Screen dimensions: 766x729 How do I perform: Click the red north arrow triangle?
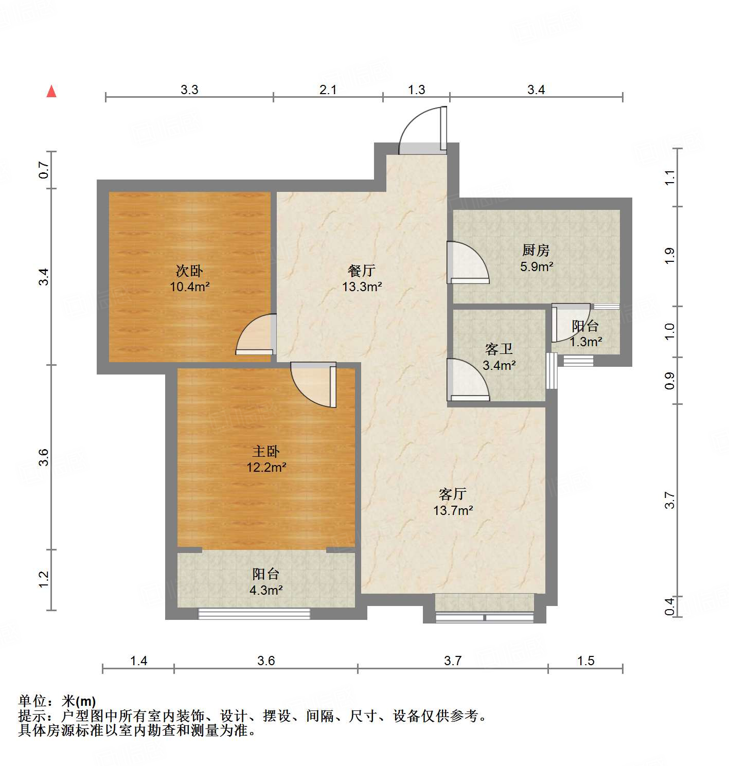click(51, 92)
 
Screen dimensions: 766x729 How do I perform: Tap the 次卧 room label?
click(189, 271)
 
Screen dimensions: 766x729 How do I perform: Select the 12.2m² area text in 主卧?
click(266, 468)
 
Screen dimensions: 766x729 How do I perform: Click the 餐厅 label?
click(362, 271)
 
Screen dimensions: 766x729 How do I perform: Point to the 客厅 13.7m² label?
click(453, 503)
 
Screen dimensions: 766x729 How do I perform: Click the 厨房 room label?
click(536, 251)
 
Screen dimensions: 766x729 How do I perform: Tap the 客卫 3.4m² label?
click(499, 358)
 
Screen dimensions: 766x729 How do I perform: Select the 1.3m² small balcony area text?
click(585, 342)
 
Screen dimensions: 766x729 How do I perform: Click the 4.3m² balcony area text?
click(266, 590)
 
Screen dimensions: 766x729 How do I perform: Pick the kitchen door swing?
click(467, 262)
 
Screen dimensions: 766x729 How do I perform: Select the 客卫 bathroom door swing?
click(467, 380)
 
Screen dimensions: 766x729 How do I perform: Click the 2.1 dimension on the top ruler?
click(328, 90)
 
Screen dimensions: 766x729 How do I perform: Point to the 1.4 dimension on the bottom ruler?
click(138, 661)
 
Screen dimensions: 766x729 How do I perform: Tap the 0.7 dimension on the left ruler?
click(44, 170)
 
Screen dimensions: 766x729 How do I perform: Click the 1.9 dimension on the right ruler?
click(669, 256)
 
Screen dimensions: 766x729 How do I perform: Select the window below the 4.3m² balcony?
click(254, 613)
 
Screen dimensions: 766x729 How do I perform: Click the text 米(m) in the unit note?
click(79, 701)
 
